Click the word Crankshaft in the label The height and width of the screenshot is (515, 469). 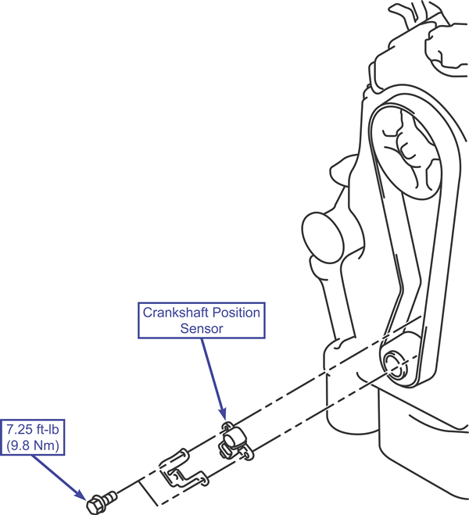171,313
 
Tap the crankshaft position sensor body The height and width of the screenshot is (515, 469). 232,443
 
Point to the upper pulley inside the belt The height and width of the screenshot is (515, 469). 410,148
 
